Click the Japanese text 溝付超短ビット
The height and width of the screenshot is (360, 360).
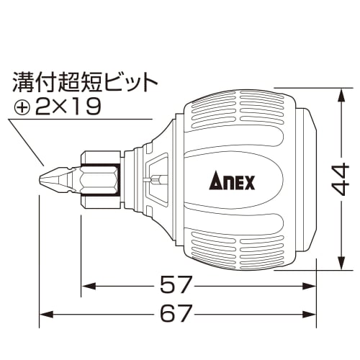click(x=84, y=82)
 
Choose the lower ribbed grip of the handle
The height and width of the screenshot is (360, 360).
click(x=238, y=238)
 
